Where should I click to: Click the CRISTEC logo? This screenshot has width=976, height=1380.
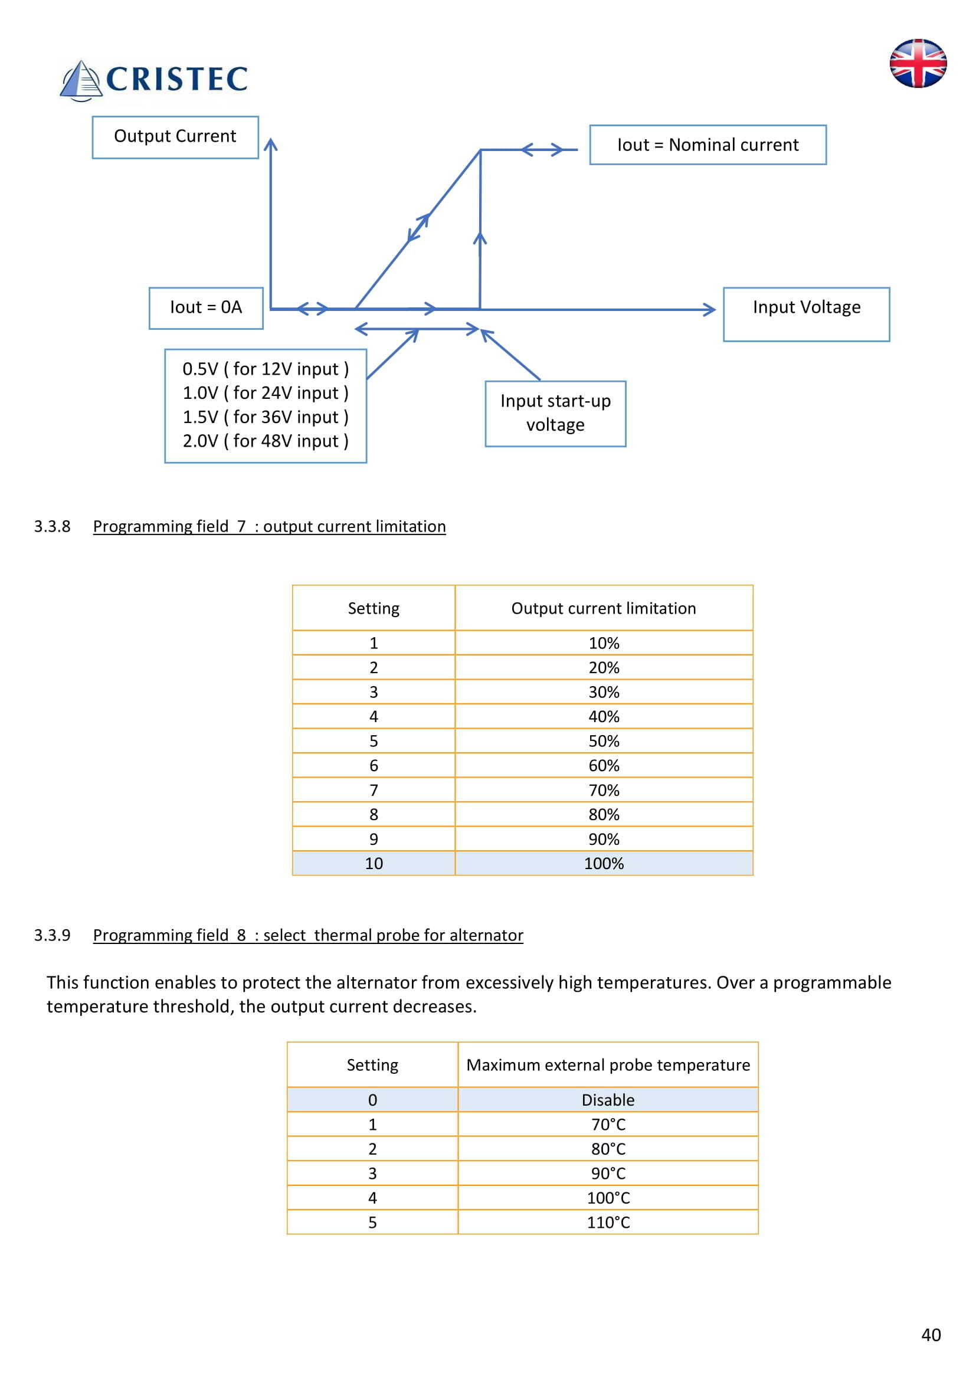155,79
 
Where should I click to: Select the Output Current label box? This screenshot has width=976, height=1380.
175,137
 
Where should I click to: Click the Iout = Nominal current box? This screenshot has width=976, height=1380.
708,145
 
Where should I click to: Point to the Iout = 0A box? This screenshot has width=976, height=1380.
205,308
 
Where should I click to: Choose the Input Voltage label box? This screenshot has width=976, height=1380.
806,314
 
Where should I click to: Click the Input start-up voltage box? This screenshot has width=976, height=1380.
555,414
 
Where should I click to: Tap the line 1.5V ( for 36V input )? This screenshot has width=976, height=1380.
265,417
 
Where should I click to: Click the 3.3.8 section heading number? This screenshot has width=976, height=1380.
53,526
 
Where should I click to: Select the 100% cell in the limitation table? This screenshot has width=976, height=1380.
604,863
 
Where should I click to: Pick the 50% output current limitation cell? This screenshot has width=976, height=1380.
604,741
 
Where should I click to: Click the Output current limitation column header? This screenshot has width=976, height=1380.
604,608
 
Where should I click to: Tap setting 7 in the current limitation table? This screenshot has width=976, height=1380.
373,790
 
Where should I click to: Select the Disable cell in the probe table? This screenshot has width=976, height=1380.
608,1099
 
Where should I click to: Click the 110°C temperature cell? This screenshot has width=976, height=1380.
608,1222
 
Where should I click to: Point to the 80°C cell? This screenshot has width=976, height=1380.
608,1149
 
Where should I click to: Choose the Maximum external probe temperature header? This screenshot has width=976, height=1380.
608,1064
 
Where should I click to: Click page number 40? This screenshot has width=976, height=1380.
931,1335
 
